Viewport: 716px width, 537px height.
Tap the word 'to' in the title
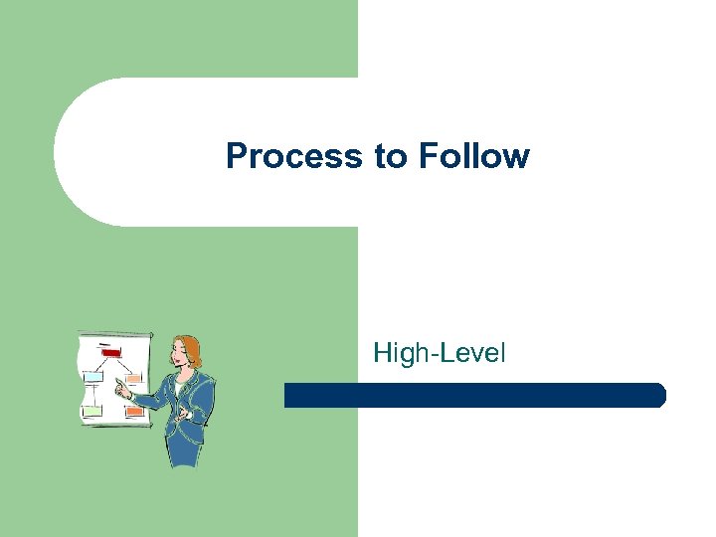click(x=390, y=156)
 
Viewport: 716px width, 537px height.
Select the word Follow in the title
click(x=473, y=156)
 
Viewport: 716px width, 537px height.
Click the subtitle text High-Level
click(x=439, y=352)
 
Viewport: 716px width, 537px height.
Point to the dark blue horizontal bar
click(x=474, y=395)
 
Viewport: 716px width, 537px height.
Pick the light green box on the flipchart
click(x=91, y=409)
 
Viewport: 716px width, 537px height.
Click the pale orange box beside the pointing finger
click(x=132, y=378)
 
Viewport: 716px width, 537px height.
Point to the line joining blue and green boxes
click(x=92, y=393)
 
